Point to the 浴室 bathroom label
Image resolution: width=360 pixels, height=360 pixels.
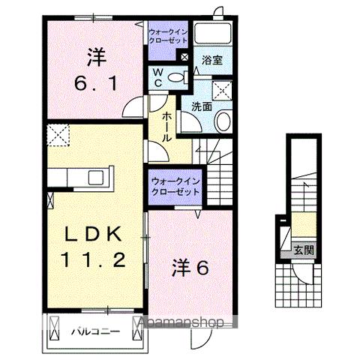pyautogui.click(x=211, y=61)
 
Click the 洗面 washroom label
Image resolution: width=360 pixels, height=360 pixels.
pyautogui.click(x=200, y=107)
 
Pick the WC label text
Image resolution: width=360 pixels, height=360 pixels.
pyautogui.click(x=158, y=77)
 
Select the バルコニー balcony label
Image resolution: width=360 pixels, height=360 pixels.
pyautogui.click(x=91, y=331)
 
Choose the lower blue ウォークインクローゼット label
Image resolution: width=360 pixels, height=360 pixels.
pyautogui.click(x=175, y=186)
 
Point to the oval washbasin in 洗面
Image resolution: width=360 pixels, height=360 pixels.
pyautogui.click(x=223, y=122)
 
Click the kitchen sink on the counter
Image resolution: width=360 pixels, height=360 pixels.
pyautogui.click(x=97, y=177)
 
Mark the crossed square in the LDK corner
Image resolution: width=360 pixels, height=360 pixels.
pyautogui.click(x=56, y=137)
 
